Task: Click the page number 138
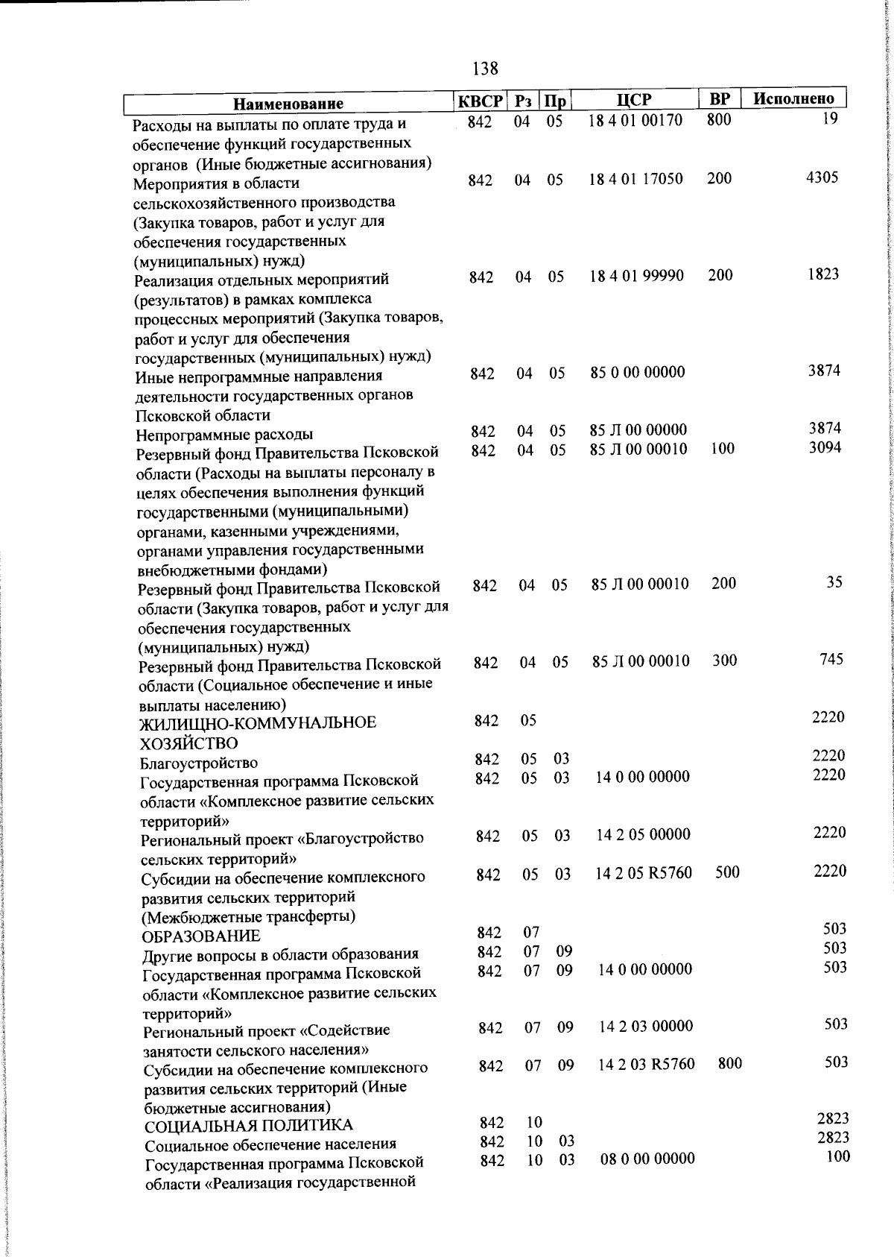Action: click(486, 69)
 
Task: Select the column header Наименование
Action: click(288, 104)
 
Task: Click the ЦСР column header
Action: click(634, 100)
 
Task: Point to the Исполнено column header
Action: click(793, 98)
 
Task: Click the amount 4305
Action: click(822, 177)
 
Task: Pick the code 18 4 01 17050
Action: click(635, 179)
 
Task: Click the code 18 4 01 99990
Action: click(636, 276)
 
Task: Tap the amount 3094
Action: click(825, 447)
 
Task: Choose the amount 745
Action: click(831, 659)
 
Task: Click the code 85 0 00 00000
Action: click(638, 372)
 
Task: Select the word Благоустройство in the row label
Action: click(199, 763)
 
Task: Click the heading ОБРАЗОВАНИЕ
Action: click(201, 936)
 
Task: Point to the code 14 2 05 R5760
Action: click(644, 872)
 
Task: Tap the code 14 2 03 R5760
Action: click(647, 1064)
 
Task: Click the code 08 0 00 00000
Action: click(647, 1159)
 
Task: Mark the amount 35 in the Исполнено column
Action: click(834, 582)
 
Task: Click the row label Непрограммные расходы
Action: click(224, 435)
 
